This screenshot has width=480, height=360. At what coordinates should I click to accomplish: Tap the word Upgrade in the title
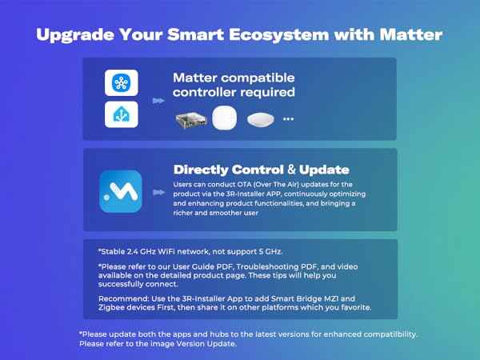coord(74,36)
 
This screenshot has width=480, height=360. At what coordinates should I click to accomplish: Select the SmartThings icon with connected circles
coord(122,83)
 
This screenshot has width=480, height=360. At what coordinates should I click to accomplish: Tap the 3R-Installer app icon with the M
coord(121,191)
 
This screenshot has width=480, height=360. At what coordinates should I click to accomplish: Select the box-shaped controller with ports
coord(192,119)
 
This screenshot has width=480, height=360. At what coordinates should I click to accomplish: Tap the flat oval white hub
coord(260,119)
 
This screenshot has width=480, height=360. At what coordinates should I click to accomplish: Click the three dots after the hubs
coord(288,120)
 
